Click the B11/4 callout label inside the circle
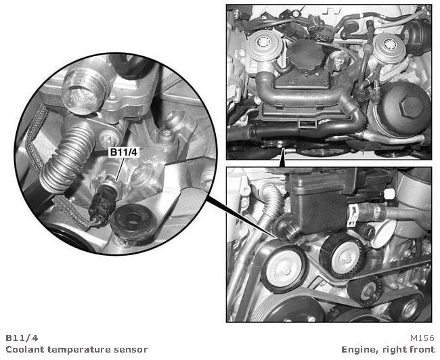click(124, 152)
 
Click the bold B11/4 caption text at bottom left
click(22, 338)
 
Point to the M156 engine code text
click(422, 338)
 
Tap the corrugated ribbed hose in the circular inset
click(66, 157)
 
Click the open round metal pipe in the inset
click(83, 91)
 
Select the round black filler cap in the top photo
click(305, 55)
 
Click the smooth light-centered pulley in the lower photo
click(284, 269)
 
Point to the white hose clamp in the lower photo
click(353, 215)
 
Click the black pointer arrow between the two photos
click(282, 158)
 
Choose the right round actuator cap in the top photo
click(389, 48)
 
